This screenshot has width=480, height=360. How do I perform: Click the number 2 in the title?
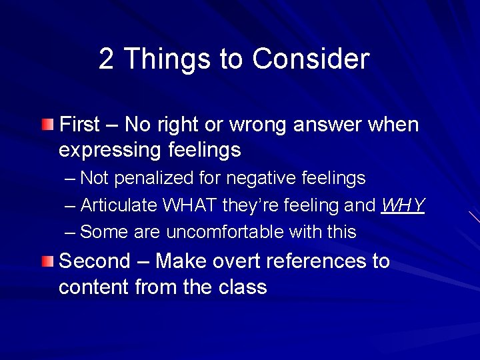coord(106,59)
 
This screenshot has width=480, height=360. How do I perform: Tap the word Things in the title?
coord(163,59)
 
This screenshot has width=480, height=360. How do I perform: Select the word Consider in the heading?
coord(310,59)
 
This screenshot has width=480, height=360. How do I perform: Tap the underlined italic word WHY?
coord(403,205)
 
